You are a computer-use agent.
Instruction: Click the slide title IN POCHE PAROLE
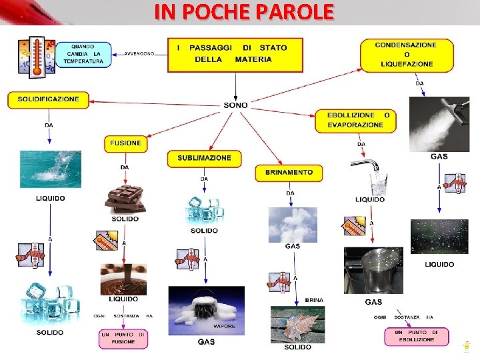click(x=243, y=12)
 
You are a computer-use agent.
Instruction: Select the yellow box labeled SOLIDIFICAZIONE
click(x=48, y=99)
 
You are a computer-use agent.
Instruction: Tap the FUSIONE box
click(x=125, y=143)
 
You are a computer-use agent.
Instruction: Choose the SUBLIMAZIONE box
click(x=204, y=158)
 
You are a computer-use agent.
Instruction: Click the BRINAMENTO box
click(x=289, y=173)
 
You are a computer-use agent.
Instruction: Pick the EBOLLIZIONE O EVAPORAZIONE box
click(x=359, y=120)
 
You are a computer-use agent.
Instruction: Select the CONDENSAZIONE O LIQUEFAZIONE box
click(x=407, y=55)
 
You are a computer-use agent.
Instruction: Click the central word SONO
click(x=235, y=105)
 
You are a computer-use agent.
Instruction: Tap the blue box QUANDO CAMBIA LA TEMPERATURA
click(x=83, y=53)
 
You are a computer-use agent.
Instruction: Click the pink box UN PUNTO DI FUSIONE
click(x=123, y=338)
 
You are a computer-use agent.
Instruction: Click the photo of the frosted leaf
click(x=297, y=325)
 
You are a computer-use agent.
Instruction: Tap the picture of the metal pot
click(x=373, y=270)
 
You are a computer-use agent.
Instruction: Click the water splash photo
click(x=51, y=169)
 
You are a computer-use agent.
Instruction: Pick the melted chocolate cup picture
click(x=123, y=279)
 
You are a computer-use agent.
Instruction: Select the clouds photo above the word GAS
click(x=293, y=224)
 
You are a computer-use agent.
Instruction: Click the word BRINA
click(x=314, y=301)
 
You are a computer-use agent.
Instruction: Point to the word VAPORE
click(x=224, y=327)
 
